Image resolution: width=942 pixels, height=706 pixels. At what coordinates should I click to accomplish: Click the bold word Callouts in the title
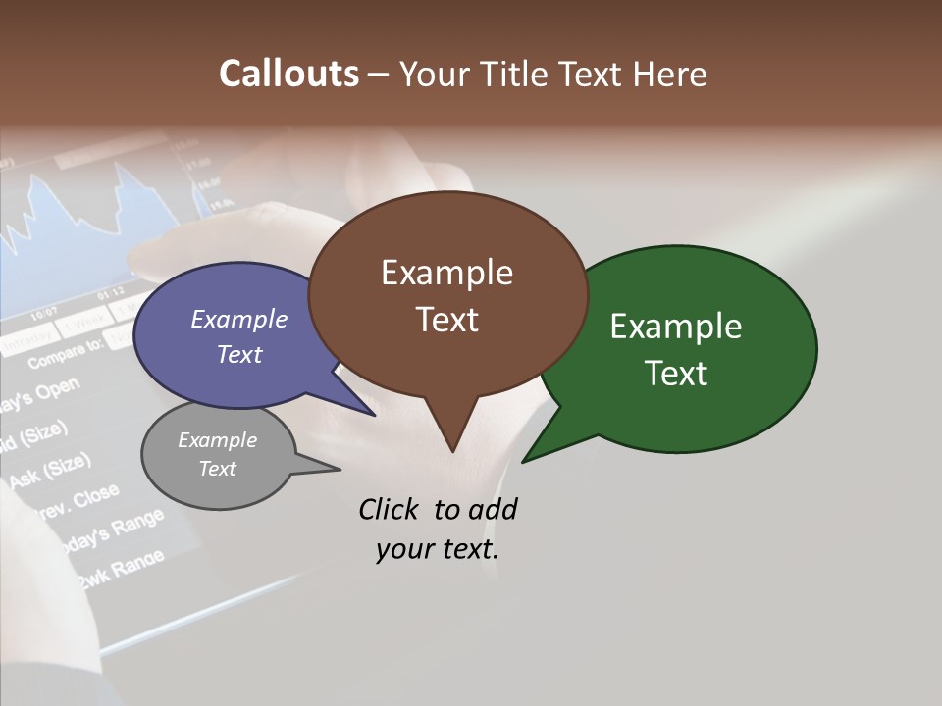point(288,75)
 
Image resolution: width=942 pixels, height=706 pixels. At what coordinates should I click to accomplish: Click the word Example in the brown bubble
point(446,273)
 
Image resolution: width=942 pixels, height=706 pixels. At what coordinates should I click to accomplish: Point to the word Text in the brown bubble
point(446,320)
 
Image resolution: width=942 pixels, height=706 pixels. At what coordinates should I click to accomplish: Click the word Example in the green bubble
point(676,327)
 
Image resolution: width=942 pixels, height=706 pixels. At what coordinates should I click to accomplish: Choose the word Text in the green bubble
point(676,374)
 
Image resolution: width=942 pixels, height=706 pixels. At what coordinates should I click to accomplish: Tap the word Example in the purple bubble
point(239,319)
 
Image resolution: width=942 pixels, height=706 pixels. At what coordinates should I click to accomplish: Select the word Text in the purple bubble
point(239,354)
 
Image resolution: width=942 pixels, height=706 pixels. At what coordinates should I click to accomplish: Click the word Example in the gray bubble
point(217,440)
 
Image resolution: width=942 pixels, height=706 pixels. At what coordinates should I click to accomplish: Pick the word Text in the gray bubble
point(217,469)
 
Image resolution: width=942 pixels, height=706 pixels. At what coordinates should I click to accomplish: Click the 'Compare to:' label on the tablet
point(65,354)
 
